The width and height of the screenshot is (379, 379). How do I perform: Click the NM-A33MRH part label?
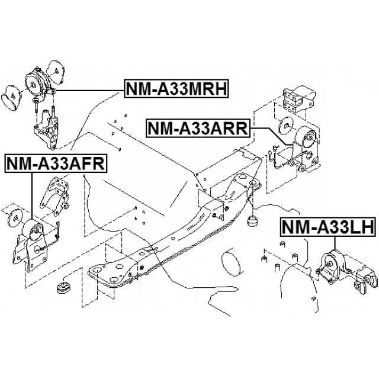click(x=176, y=89)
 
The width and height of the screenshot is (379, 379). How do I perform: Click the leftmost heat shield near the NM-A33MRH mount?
click(x=12, y=96)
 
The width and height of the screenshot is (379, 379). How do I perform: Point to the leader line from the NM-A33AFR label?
click(x=30, y=195)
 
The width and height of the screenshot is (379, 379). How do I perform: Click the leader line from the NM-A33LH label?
click(x=335, y=244)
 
